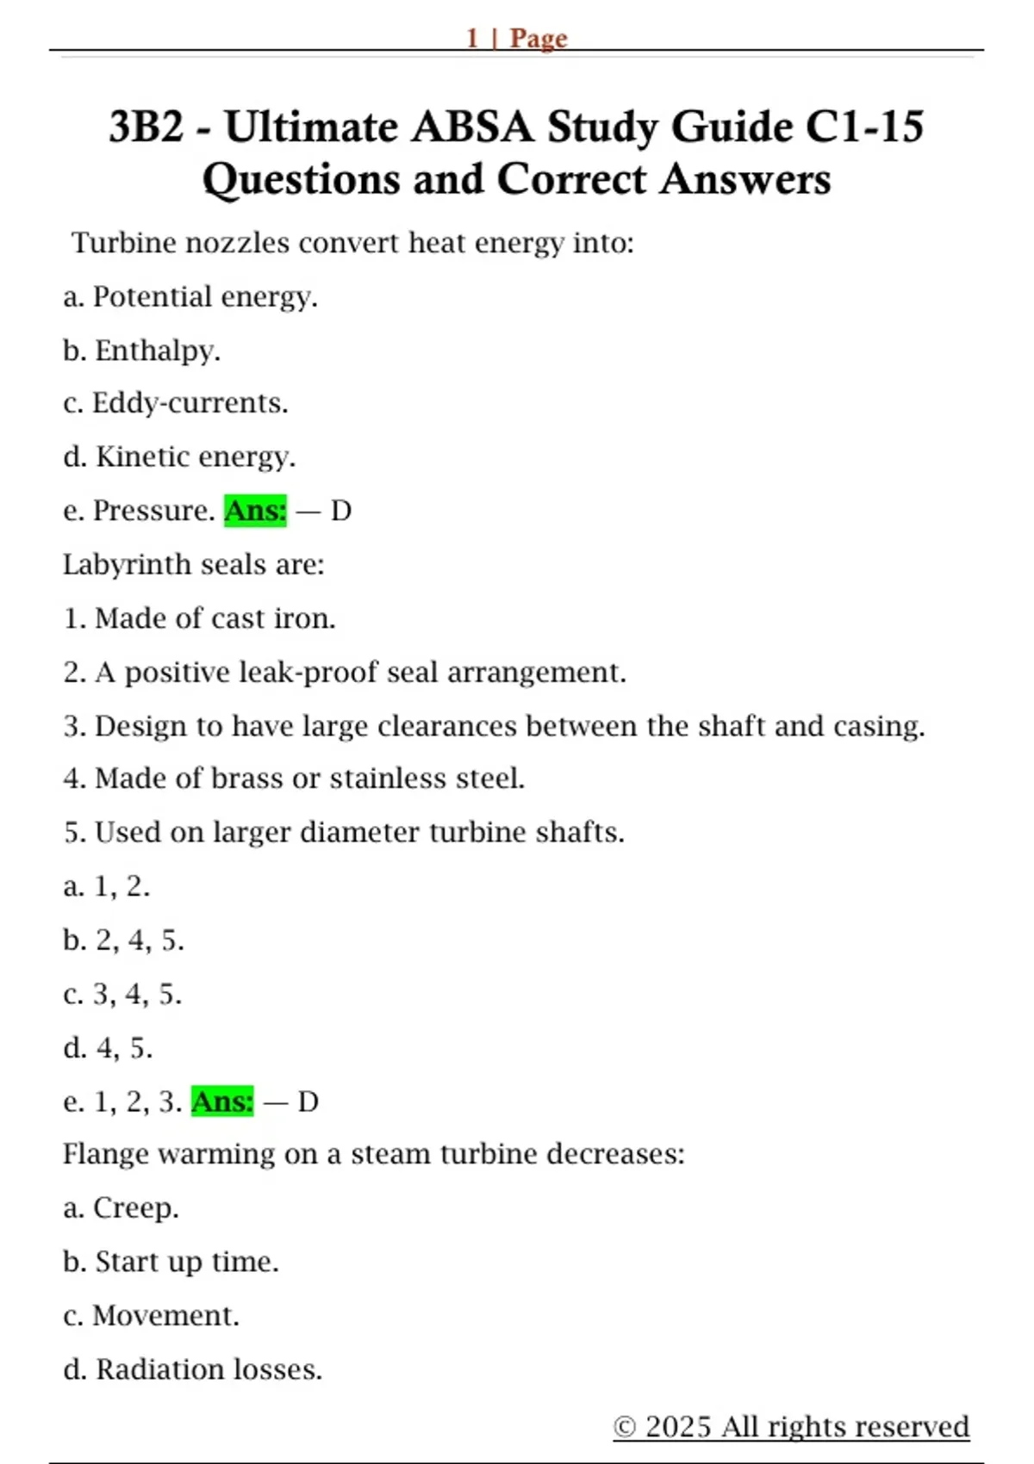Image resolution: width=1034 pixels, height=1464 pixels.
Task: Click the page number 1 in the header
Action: (x=472, y=38)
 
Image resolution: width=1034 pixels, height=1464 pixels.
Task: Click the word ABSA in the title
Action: (x=472, y=127)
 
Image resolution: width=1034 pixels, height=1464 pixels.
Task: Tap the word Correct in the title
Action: (x=571, y=180)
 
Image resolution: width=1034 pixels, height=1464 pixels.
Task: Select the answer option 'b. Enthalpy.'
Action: (x=141, y=350)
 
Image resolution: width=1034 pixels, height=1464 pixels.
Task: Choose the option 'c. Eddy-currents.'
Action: (x=175, y=403)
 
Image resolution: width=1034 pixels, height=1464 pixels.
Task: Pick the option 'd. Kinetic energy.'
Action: (x=178, y=456)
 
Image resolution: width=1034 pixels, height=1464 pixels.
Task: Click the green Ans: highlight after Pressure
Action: (x=255, y=511)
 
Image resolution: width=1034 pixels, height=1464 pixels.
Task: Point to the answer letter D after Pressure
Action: (x=341, y=511)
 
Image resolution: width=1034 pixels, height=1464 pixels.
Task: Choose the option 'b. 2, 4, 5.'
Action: (x=123, y=940)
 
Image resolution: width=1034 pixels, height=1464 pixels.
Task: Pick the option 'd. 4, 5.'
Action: (x=108, y=1048)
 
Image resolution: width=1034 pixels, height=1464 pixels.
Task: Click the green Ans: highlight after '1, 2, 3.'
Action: (x=222, y=1101)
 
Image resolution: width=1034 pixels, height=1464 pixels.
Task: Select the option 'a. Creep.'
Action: (x=121, y=1207)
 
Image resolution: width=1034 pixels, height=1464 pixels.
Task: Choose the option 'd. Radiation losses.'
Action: (x=192, y=1369)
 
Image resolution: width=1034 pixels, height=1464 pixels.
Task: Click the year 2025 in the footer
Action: (x=679, y=1427)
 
